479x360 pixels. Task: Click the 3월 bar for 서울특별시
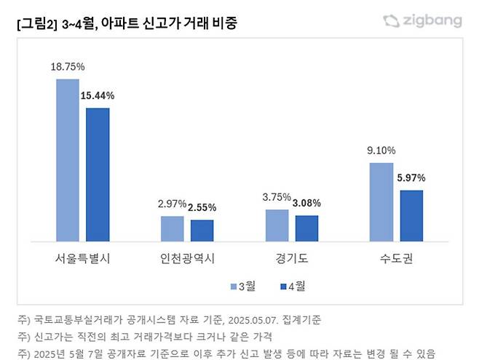68,160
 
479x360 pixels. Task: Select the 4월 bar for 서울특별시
98,175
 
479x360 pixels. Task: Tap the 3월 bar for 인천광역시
173,228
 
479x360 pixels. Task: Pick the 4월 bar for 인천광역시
202,231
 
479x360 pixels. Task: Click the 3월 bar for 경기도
277,225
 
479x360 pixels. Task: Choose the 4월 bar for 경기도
306,228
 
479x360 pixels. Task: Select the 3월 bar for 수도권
381,201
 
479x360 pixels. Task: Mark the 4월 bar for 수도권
411,215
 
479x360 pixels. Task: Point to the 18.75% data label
68,66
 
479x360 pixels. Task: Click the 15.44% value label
98,95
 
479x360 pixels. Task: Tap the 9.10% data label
381,151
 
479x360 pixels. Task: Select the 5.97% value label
411,177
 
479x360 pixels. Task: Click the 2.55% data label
202,207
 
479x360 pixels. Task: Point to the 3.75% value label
277,197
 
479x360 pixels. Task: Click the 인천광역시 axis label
187,258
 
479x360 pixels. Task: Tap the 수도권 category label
397,258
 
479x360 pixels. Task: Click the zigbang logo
422,20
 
